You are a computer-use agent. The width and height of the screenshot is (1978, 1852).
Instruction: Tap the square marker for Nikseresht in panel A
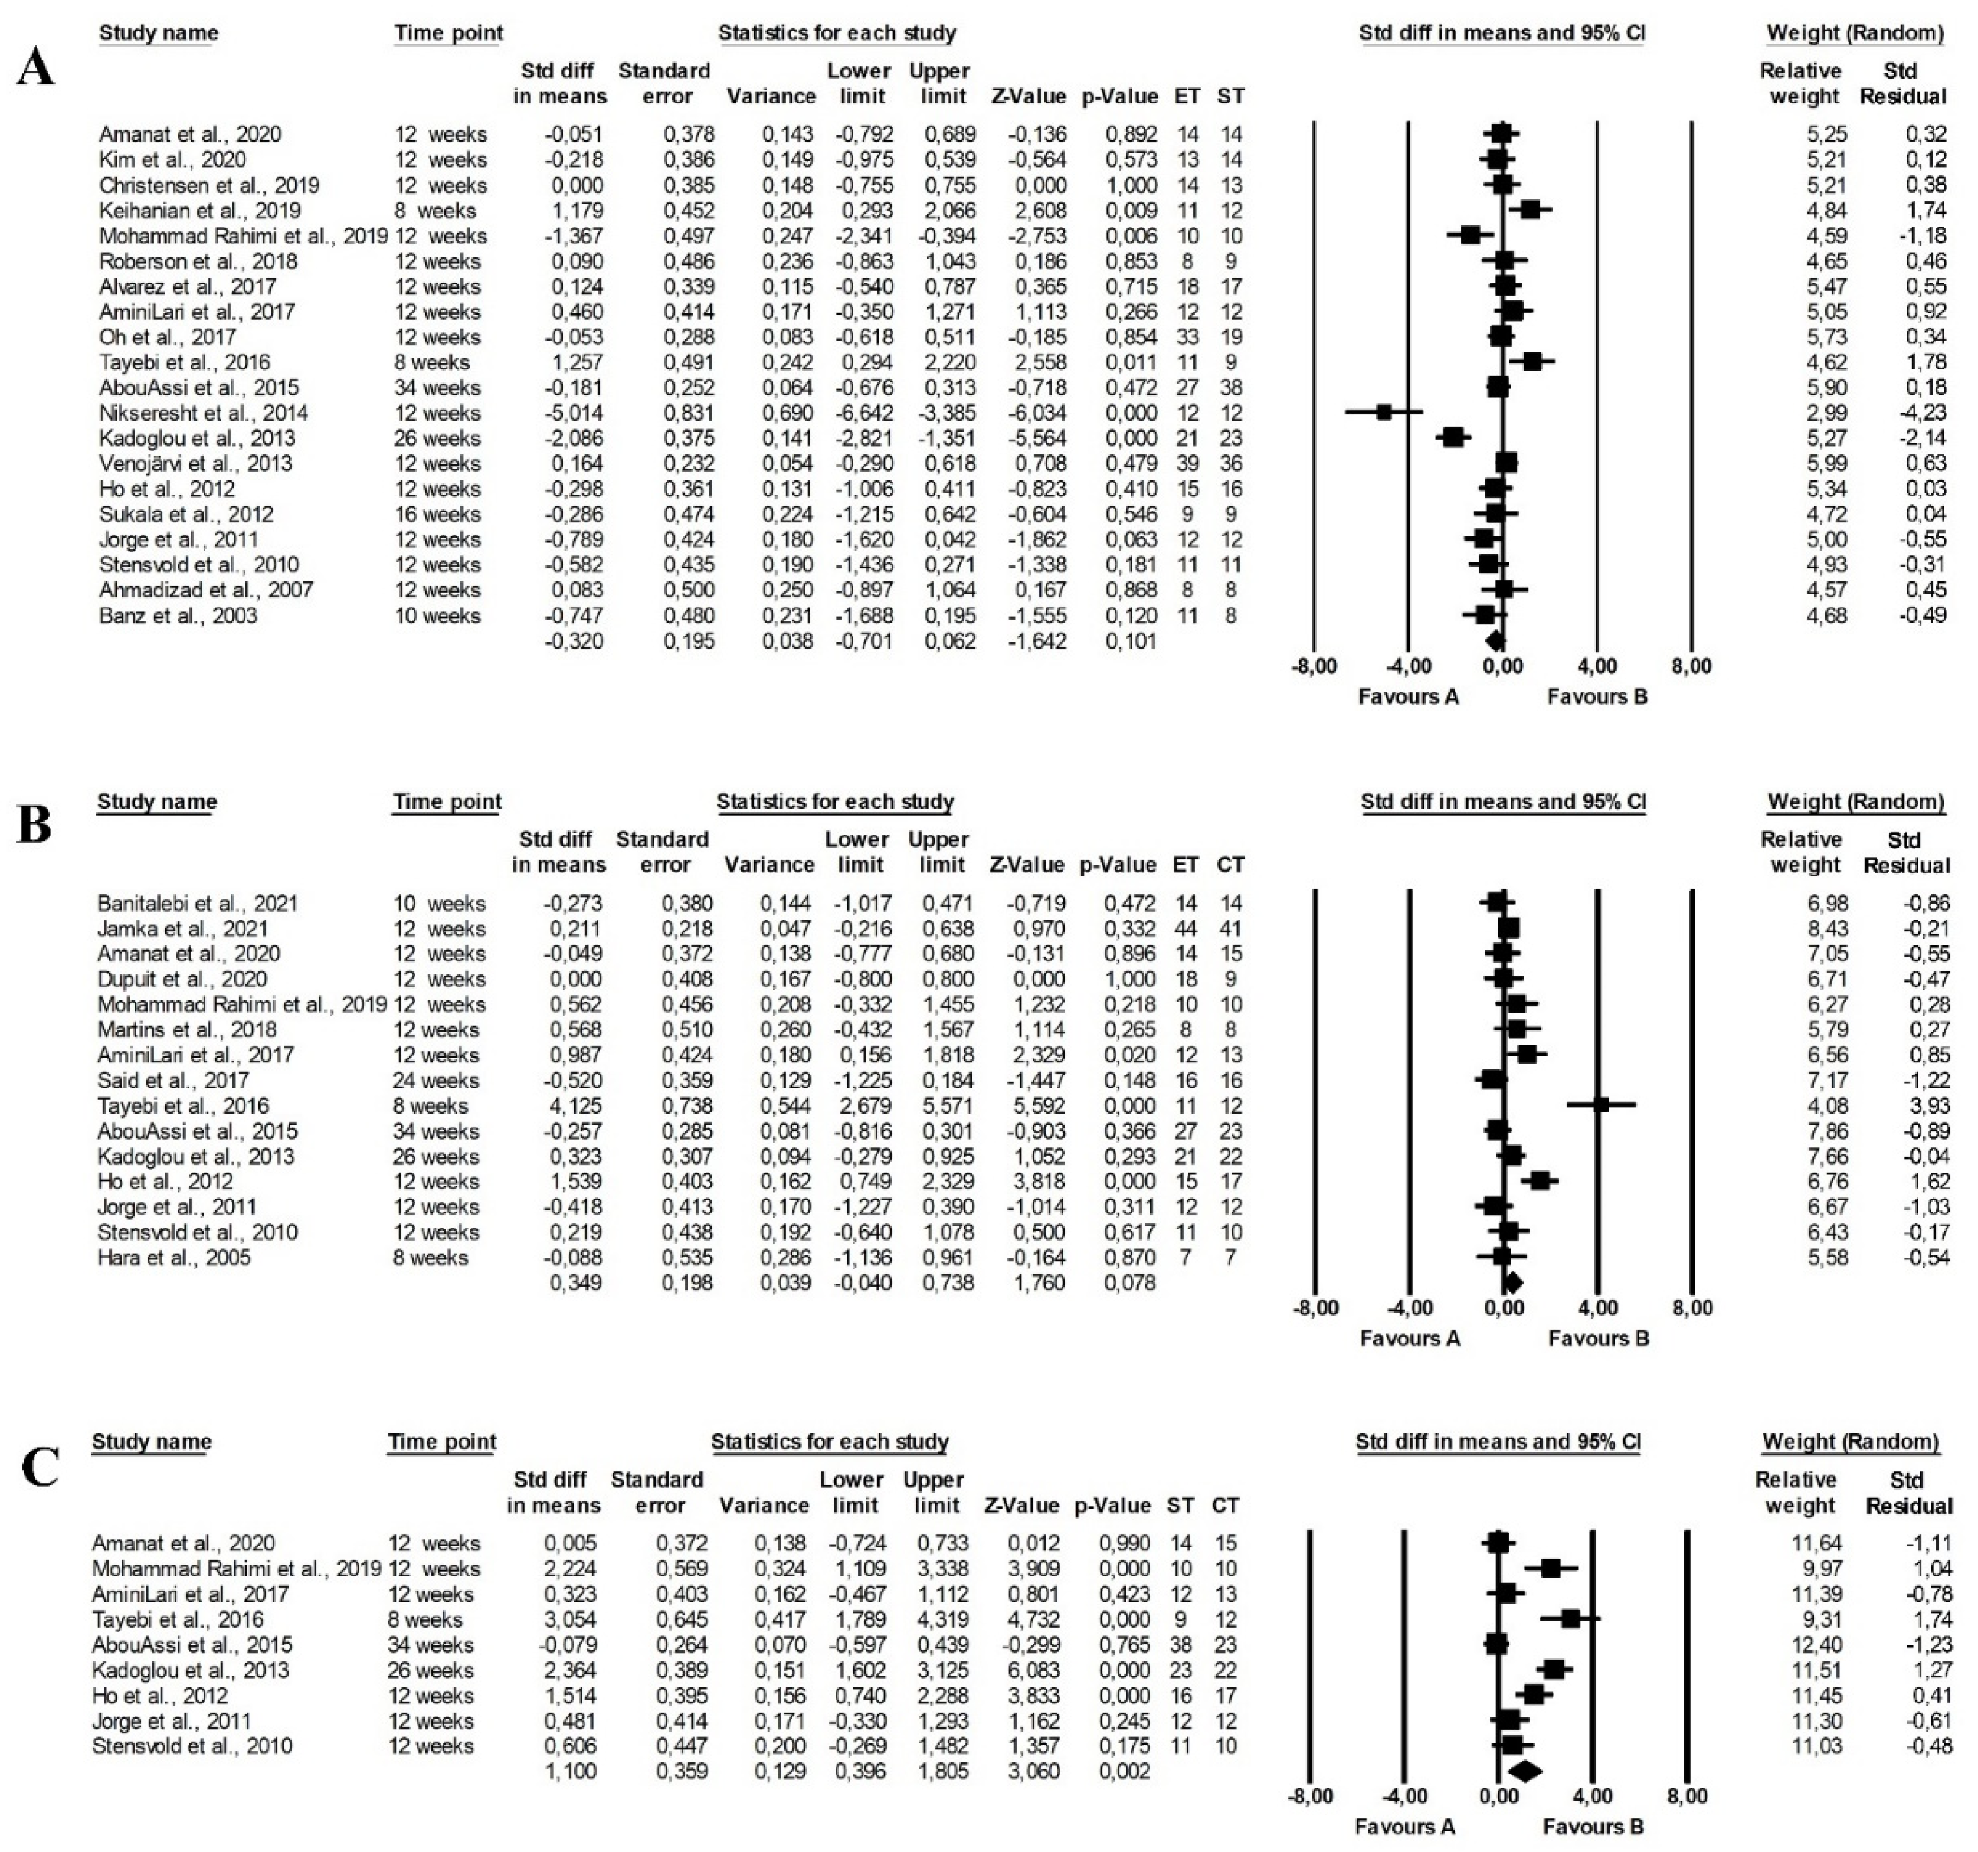pos(1384,412)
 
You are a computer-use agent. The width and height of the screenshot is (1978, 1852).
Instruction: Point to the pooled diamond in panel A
pos(1495,641)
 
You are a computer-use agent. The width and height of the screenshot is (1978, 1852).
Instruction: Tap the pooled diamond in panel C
pos(1523,1771)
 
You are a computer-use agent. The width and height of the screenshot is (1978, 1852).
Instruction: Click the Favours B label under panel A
pos(1597,696)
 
